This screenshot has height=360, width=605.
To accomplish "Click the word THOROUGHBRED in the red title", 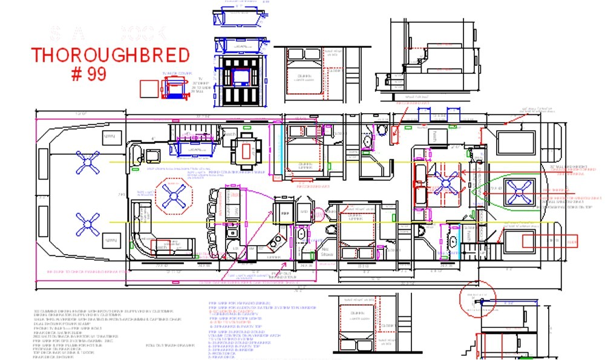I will pos(110,55).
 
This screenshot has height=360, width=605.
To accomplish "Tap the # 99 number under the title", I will pos(88,74).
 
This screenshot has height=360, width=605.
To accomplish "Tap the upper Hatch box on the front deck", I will pos(110,137).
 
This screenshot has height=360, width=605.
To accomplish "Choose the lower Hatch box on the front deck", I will pos(110,241).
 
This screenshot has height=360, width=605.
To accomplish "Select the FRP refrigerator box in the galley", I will pos(284,213).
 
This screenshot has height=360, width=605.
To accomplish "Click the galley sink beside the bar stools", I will pos(231,232).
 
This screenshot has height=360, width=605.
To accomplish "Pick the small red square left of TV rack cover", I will pos(147,88).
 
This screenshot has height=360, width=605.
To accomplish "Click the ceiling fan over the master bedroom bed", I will pos(446,182).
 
